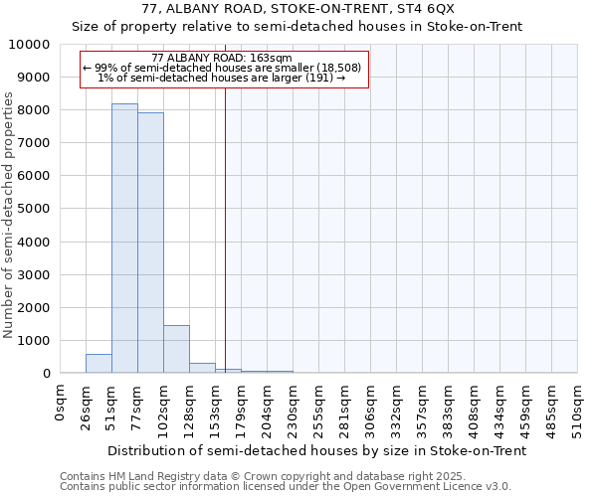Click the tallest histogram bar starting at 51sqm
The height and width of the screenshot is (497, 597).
point(124,239)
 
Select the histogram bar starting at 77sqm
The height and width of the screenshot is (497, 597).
point(150,243)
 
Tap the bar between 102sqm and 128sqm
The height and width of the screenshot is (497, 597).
point(176,349)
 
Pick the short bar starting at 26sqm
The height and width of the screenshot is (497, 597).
point(99,364)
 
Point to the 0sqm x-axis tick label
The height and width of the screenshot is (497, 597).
point(61,404)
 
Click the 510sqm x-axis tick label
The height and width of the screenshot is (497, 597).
point(578,409)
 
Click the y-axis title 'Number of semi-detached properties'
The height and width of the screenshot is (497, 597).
point(10,215)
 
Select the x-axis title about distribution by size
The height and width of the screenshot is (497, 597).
point(317,450)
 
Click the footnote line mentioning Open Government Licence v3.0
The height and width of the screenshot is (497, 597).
point(286,487)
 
